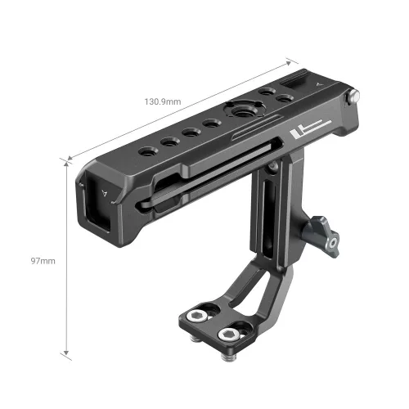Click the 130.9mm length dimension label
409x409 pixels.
164,102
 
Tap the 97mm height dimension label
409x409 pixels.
43,261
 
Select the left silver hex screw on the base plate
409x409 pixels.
198,315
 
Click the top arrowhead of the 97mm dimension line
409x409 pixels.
64,160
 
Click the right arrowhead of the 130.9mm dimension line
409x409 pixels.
290,60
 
